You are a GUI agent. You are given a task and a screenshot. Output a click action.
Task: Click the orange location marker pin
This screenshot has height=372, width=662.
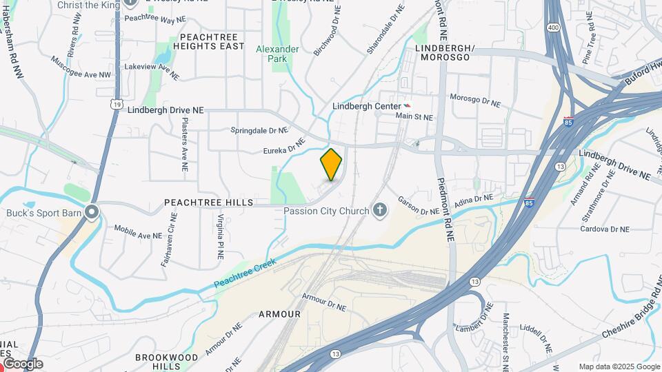(331, 165)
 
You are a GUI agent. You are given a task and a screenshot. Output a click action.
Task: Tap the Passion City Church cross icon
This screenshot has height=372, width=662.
(379, 210)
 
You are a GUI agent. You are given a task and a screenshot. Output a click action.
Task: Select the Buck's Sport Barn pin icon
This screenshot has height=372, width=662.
(92, 212)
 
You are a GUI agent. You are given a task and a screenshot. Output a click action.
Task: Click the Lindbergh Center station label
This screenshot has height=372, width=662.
(366, 107)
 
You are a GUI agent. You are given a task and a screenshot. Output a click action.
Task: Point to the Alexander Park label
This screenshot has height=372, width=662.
(277, 54)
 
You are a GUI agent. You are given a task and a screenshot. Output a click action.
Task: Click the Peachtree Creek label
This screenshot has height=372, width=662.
(245, 273)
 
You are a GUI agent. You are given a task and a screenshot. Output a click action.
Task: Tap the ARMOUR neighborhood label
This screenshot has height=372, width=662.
(279, 314)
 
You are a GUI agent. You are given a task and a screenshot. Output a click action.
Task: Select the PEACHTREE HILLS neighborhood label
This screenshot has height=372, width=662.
(208, 203)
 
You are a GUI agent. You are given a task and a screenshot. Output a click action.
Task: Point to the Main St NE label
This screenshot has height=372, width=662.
(414, 117)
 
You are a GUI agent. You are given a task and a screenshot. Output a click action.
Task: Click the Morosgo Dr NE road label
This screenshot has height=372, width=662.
(474, 101)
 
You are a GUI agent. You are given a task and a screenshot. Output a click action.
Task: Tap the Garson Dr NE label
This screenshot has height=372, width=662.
(418, 206)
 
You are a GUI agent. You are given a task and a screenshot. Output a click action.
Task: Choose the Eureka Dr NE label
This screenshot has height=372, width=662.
(283, 146)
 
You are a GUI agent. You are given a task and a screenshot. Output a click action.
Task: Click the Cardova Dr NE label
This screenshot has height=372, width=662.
(604, 229)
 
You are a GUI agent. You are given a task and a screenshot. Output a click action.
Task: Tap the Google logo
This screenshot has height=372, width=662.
(23, 363)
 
